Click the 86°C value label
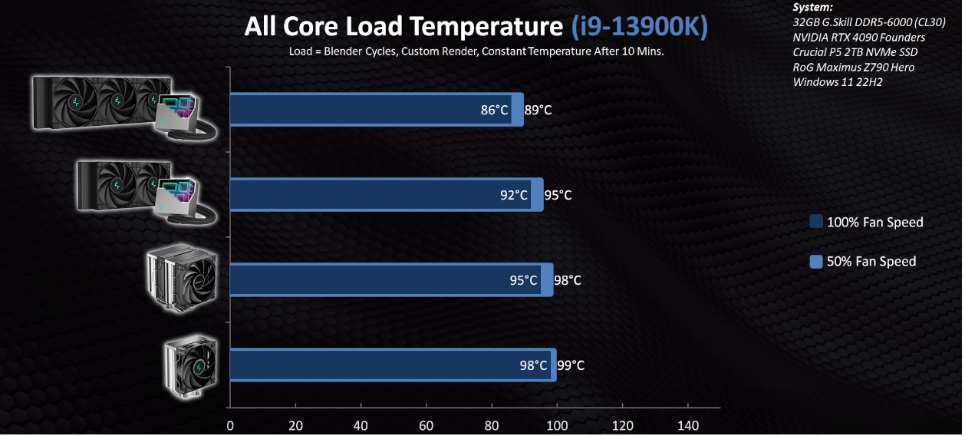pos(495,110)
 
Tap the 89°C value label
pos(538,110)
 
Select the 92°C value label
pos(514,195)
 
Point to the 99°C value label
pos(570,365)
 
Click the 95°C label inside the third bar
pos(524,280)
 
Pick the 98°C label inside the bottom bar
pos(534,365)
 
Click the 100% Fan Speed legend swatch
pos(816,222)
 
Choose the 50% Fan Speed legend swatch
pos(816,261)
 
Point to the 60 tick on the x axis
pos(427,426)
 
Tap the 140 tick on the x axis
pos(689,426)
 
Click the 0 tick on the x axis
pos(229,426)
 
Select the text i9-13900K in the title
pos(640,27)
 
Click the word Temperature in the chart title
pos(486,27)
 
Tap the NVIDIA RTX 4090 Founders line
pos(858,37)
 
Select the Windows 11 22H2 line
pos(838,81)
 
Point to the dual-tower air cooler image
pos(183,278)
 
